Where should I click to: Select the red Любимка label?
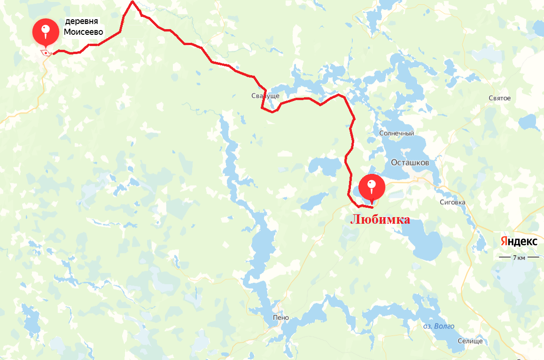380,219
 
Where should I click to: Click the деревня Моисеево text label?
83,27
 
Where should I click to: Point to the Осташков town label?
410,162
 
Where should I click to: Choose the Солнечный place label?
396,133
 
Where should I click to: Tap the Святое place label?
499,98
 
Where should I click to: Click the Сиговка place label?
452,203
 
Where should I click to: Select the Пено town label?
280,318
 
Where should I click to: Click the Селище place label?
470,341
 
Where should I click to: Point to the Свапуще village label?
265,96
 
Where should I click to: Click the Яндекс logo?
519,242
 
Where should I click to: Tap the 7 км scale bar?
519,257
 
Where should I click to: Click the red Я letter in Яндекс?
503,242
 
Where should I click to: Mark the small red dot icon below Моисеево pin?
45,52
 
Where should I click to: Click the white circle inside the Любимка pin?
372,183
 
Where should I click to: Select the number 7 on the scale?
515,257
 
